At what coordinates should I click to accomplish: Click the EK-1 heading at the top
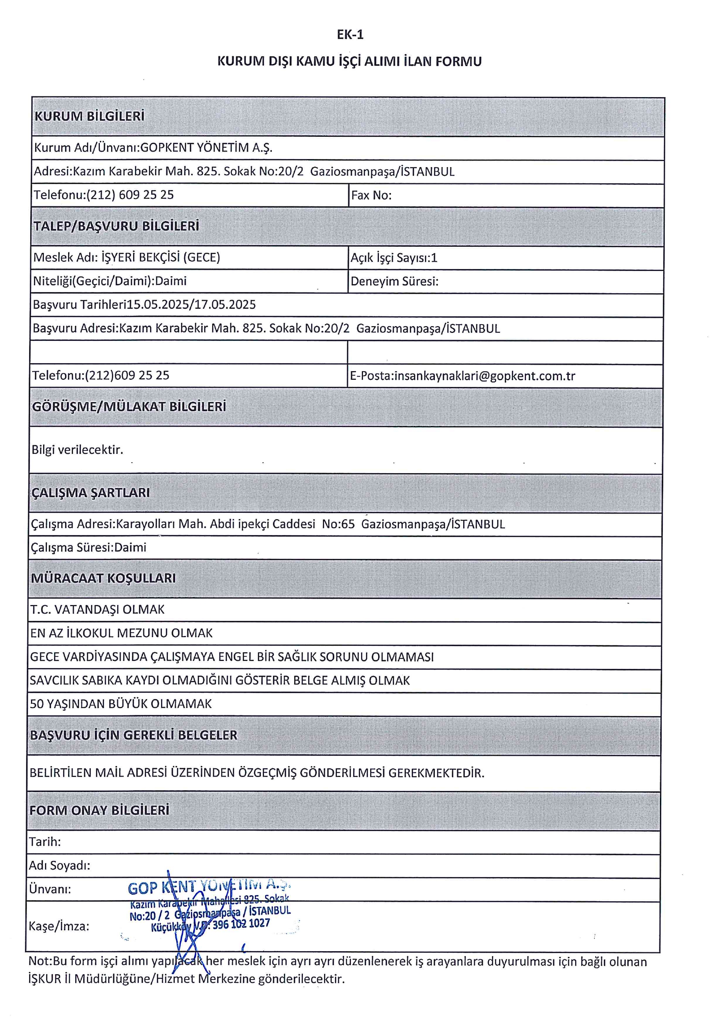[350, 35]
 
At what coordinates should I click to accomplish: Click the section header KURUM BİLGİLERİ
[89, 116]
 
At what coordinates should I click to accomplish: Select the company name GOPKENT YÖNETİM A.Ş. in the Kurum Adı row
[206, 148]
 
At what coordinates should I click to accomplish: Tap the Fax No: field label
[371, 195]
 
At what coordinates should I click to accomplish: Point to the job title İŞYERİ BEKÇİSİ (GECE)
[161, 257]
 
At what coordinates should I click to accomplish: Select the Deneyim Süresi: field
[394, 282]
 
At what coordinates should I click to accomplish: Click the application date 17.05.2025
[225, 305]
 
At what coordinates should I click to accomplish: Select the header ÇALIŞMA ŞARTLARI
[90, 492]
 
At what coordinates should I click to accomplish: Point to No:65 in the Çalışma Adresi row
[338, 524]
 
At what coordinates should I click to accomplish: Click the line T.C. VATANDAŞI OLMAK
[97, 610]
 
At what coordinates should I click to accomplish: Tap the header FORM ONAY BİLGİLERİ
[99, 810]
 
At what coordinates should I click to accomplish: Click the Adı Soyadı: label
[59, 865]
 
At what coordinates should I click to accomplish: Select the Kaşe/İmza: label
[59, 926]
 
